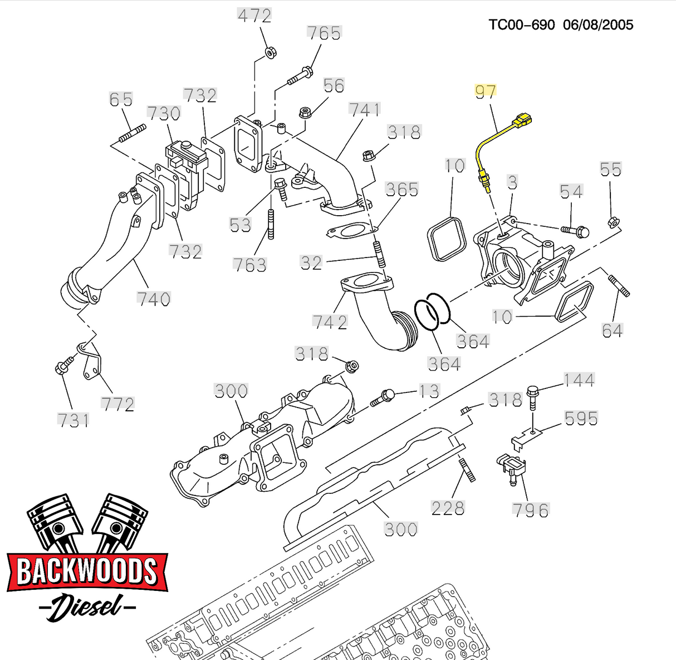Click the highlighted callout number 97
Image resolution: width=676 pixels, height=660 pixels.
[x=485, y=91]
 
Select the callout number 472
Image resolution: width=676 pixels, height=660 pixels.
[x=254, y=16]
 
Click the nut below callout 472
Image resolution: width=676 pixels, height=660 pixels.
[x=269, y=53]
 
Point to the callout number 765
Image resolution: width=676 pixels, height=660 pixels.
[x=324, y=33]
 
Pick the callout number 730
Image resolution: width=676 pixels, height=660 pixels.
[x=164, y=114]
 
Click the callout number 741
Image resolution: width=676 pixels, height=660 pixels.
[x=365, y=110]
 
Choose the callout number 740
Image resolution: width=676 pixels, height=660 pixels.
[x=154, y=299]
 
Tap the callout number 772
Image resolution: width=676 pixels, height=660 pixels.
[x=118, y=404]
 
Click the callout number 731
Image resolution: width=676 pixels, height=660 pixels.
[x=74, y=420]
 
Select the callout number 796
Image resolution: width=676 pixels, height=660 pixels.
[x=530, y=510]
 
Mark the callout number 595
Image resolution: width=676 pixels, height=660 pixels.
[x=581, y=418]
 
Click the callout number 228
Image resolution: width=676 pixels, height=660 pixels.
[x=448, y=508]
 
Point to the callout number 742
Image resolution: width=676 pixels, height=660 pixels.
[x=330, y=322]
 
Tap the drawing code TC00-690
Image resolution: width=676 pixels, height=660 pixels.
[x=522, y=25]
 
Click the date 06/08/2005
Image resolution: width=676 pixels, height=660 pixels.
[x=598, y=25]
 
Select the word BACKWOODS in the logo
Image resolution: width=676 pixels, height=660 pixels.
[x=87, y=571]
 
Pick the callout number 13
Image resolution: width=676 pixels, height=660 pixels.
[x=429, y=391]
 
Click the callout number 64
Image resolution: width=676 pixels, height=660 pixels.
[x=611, y=331]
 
